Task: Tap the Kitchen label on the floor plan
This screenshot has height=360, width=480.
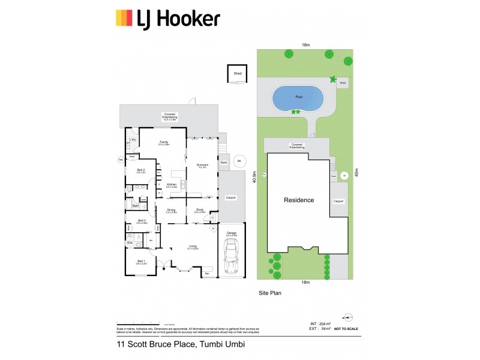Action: (171, 185)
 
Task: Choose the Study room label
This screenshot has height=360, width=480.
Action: (200, 211)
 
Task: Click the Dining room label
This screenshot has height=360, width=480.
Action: (171, 211)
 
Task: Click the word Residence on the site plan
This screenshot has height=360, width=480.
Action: (299, 200)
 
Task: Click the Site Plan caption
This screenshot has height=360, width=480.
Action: (269, 293)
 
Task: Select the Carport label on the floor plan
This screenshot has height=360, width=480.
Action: (231, 197)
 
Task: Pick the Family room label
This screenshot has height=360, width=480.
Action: (163, 143)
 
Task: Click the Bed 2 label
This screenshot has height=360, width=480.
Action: (142, 170)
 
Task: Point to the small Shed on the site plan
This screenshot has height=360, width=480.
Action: (343, 83)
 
